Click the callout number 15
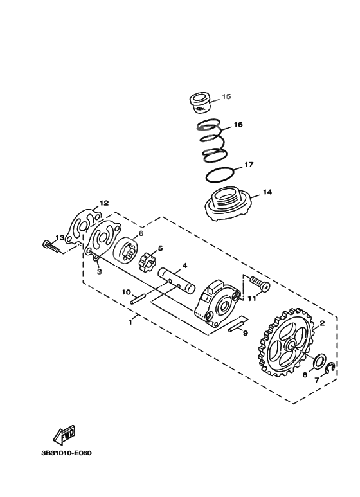[226, 97]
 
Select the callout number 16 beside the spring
[238, 125]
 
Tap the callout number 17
[249, 165]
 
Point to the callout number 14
[268, 192]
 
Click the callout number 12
[104, 203]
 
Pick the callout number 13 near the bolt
[59, 238]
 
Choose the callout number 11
[252, 298]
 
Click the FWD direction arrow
[65, 437]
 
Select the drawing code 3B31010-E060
[66, 453]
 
